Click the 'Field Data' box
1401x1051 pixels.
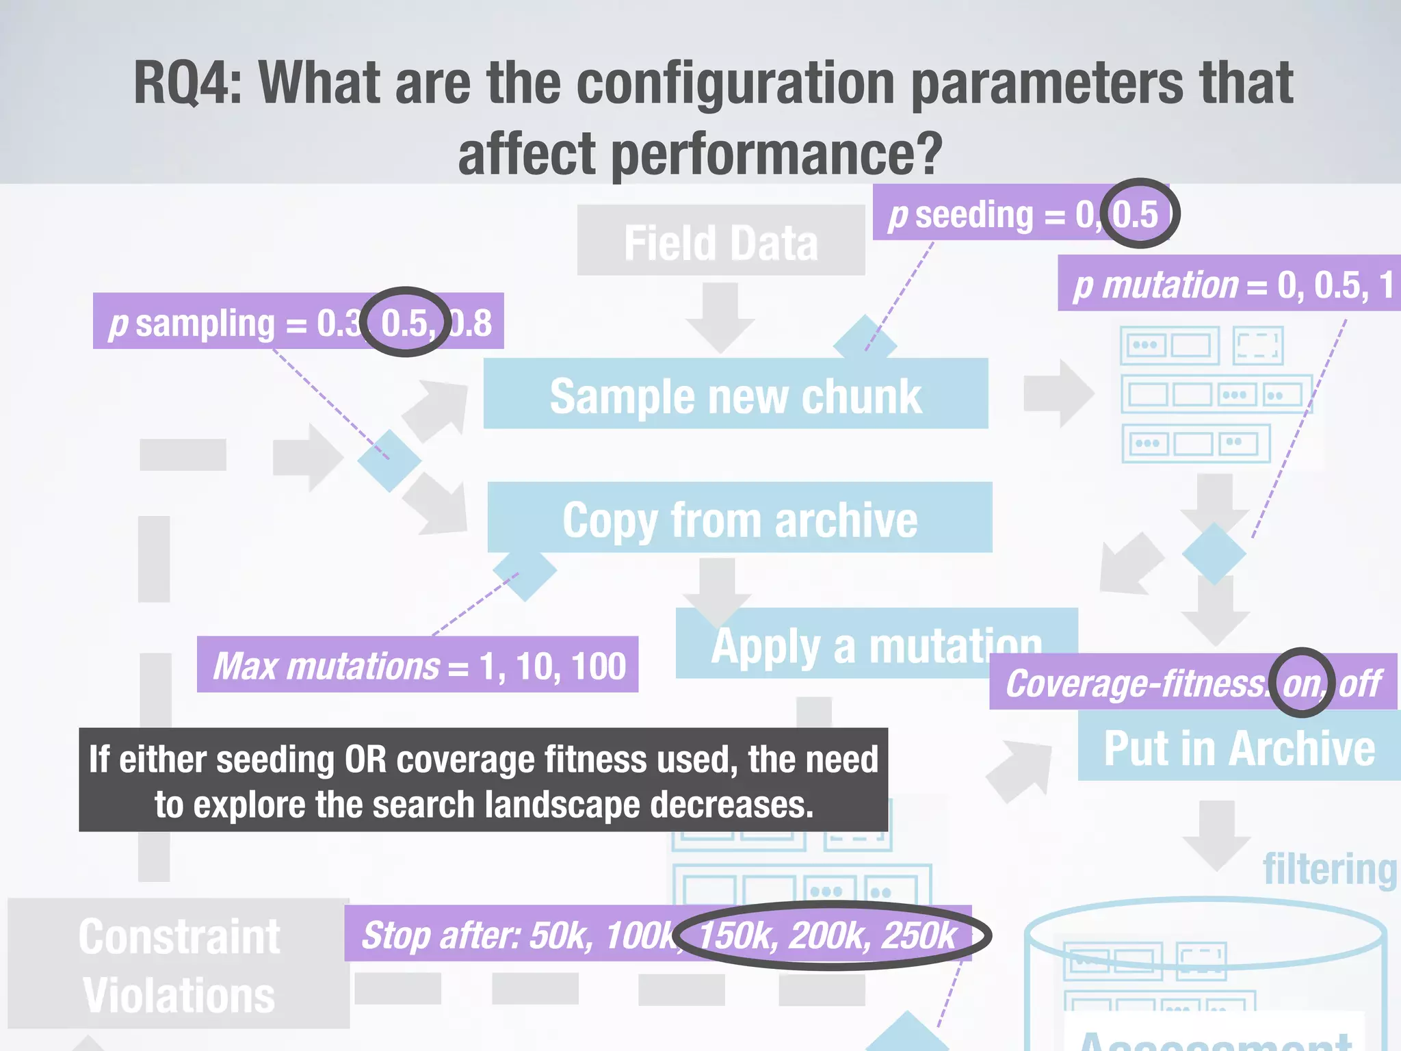tap(720, 241)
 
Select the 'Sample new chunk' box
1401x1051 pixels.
tap(735, 395)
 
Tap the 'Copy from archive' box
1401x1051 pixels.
tap(739, 519)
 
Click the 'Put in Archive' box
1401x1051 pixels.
tap(1238, 748)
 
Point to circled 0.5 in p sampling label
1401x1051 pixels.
tap(406, 322)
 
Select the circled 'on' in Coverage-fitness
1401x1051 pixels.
tap(1301, 683)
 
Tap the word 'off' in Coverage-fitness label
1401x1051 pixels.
tap(1360, 683)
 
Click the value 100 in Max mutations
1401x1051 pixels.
tap(598, 666)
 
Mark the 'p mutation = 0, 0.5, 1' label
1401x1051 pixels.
tap(1231, 284)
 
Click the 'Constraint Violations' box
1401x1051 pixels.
tap(179, 964)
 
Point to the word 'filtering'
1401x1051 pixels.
tap(1329, 869)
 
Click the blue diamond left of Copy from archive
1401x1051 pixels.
tap(389, 460)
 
